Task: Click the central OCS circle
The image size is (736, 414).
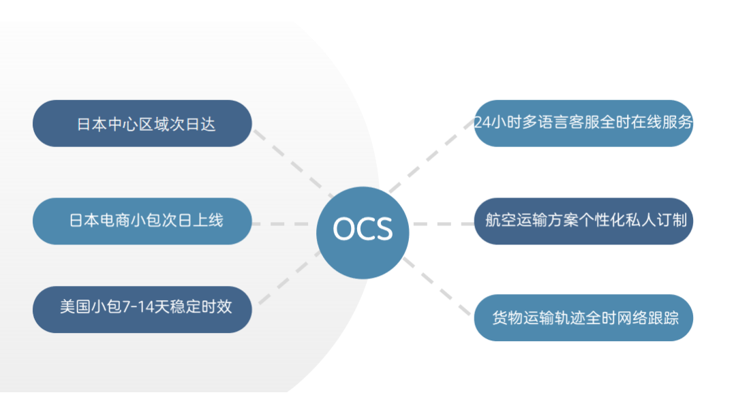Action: pos(363,232)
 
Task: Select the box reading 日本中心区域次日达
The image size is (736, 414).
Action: pos(142,124)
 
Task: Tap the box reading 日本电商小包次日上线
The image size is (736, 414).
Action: pos(142,221)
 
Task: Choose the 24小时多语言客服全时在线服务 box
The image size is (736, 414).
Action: pos(583,123)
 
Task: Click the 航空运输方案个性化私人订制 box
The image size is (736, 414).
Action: pos(583,221)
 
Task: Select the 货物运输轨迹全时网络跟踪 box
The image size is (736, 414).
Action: pos(583,318)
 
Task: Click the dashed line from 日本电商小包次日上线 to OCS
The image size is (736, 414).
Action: pos(283,223)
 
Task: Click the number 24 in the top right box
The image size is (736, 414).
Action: pos(481,123)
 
